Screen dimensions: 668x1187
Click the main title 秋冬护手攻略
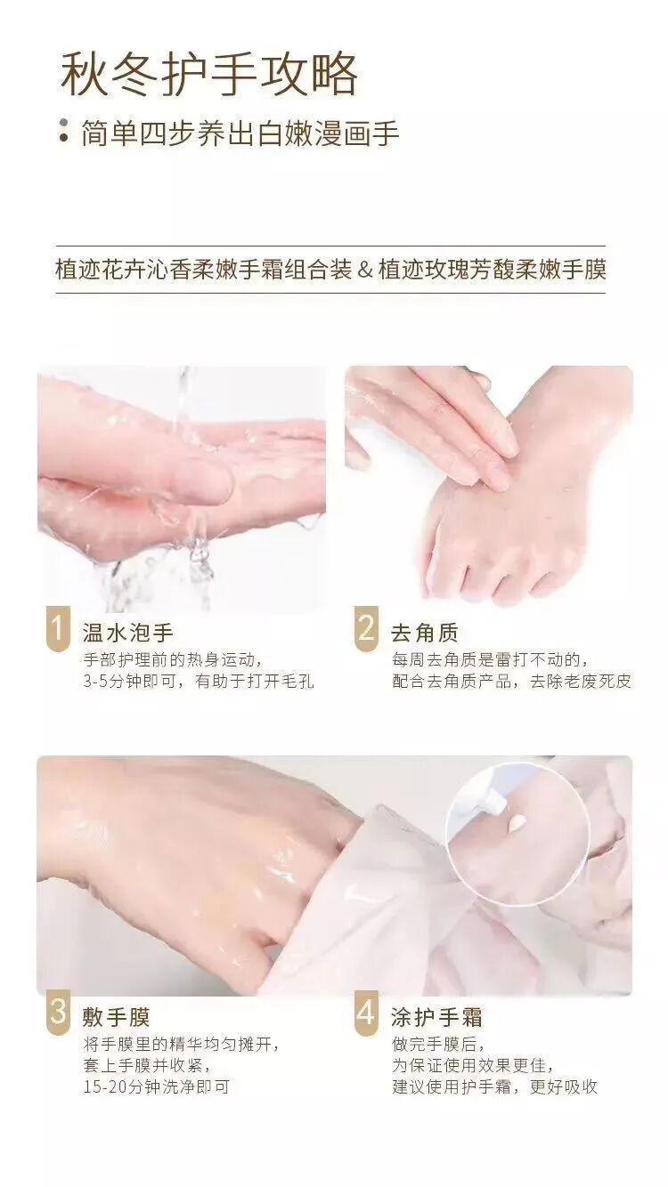[x=209, y=75]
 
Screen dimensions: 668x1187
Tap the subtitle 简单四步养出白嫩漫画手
[x=240, y=133]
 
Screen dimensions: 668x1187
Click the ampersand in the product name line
[x=365, y=270]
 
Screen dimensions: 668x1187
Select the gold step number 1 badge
[x=58, y=628]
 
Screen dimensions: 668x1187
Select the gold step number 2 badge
[x=367, y=628]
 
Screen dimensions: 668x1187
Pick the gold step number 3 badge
[x=58, y=1012]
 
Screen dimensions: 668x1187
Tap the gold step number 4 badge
[x=367, y=1012]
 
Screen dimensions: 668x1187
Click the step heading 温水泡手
[x=128, y=633]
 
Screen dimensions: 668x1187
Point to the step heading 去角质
[x=425, y=633]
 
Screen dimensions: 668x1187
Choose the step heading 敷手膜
[x=116, y=1017]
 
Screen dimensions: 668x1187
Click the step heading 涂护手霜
[x=436, y=1017]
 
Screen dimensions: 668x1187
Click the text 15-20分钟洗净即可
[x=157, y=1086]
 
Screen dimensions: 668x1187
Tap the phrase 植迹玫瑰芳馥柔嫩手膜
[x=493, y=270]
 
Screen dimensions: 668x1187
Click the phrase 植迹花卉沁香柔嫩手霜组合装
[x=204, y=270]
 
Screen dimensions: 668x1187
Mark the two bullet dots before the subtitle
[x=64, y=131]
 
